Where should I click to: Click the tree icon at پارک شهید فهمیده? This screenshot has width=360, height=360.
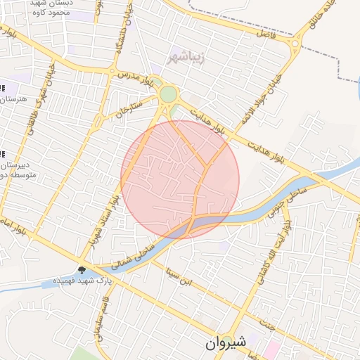tap(82, 270)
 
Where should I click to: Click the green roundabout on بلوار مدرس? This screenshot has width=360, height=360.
tap(168, 94)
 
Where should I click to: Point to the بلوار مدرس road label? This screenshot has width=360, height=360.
tap(135, 76)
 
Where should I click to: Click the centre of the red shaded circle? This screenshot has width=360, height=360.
tap(180, 179)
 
